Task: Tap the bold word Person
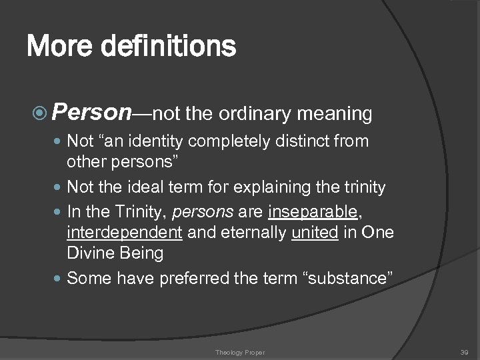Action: [x=91, y=113]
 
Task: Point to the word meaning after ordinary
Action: [x=334, y=115]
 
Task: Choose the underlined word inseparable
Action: [x=312, y=213]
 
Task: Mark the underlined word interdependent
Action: [x=125, y=233]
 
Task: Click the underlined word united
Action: [x=315, y=233]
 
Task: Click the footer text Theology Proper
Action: [x=240, y=352]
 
